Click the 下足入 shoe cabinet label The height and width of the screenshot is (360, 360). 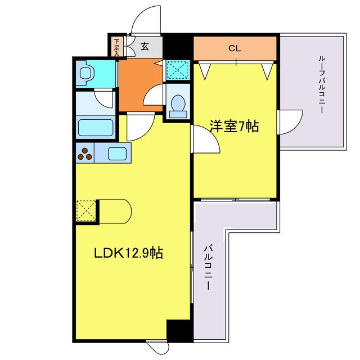point(116,46)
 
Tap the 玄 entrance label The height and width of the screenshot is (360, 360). point(145,46)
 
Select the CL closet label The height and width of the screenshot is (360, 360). point(235,48)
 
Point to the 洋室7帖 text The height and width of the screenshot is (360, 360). point(235,127)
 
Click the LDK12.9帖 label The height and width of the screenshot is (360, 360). point(128,254)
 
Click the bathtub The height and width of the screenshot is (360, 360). point(96,128)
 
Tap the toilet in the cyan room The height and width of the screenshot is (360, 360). point(87,73)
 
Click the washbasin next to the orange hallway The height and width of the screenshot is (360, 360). point(178,105)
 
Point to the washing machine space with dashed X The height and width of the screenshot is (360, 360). point(177,71)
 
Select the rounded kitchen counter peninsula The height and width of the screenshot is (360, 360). point(116,211)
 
